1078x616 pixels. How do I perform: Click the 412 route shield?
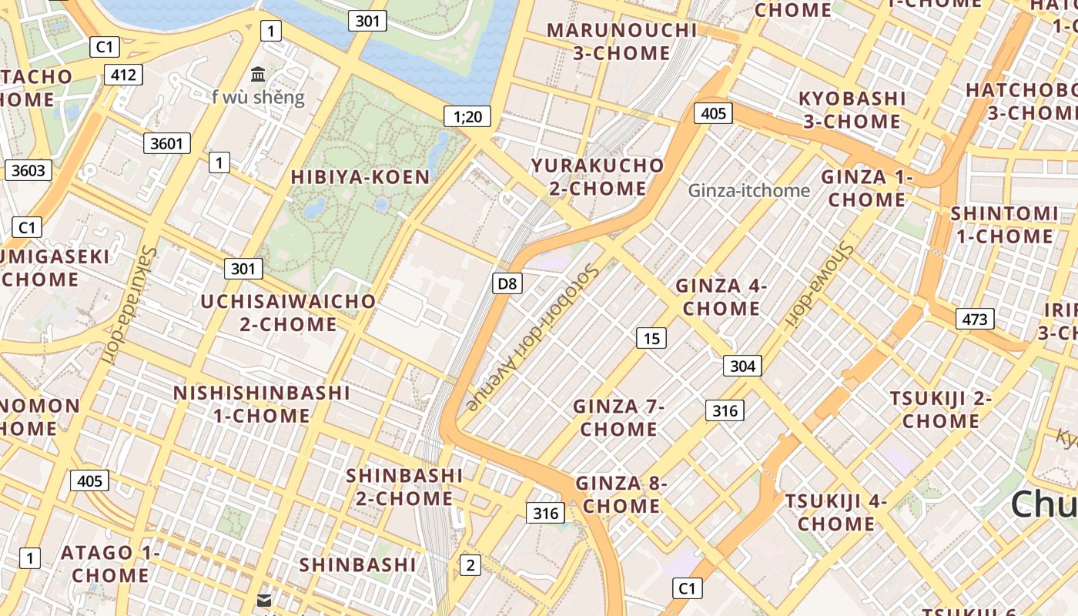(x=123, y=75)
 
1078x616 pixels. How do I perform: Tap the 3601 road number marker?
(x=167, y=142)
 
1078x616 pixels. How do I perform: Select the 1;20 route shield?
(x=467, y=117)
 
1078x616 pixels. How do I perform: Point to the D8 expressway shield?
(x=507, y=283)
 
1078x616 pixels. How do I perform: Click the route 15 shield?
(x=651, y=338)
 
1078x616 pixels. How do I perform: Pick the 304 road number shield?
(x=742, y=366)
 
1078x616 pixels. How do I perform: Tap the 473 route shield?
(x=975, y=319)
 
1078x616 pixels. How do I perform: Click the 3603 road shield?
(x=28, y=170)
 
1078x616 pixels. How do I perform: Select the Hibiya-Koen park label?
(x=360, y=177)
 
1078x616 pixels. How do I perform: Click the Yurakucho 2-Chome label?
(x=598, y=177)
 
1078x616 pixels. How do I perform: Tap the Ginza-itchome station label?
(x=749, y=190)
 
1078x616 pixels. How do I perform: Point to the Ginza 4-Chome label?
(x=721, y=297)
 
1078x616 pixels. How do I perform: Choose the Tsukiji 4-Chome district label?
(x=836, y=513)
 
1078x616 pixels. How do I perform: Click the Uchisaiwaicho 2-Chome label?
(x=288, y=313)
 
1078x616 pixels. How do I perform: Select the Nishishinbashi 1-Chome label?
(x=262, y=404)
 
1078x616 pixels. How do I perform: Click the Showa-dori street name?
(x=821, y=286)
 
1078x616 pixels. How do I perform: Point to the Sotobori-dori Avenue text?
(x=532, y=337)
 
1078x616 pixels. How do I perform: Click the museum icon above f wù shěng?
(x=259, y=75)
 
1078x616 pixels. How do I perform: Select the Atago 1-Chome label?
(x=111, y=564)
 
